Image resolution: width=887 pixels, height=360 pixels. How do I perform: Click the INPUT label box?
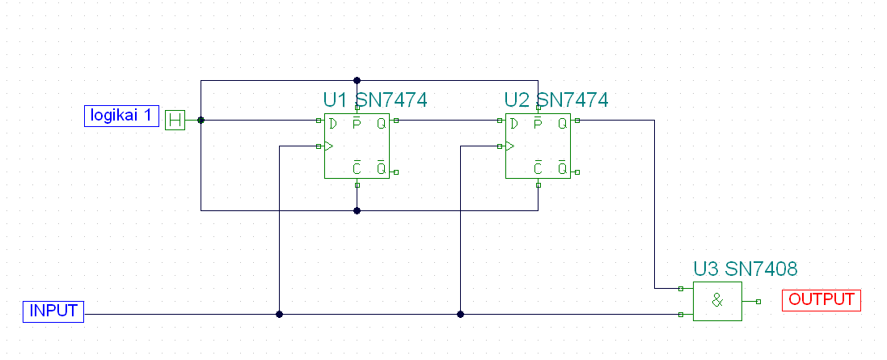[x=54, y=311]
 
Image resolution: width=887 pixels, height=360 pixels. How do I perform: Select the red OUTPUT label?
[x=822, y=299]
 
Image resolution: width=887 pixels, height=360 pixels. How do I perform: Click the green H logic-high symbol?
[x=175, y=121]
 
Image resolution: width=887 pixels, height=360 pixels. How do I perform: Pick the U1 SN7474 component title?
[x=375, y=100]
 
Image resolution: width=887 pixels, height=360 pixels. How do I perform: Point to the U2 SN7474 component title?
[x=556, y=100]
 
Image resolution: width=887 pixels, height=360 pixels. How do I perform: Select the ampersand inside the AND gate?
[x=717, y=301]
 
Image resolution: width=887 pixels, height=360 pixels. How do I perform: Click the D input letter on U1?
[x=332, y=123]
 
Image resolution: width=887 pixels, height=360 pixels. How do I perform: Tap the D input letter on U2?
[x=513, y=123]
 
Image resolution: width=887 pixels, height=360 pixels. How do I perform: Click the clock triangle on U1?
[x=327, y=146]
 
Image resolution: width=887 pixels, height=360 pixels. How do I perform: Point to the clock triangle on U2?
[x=509, y=146]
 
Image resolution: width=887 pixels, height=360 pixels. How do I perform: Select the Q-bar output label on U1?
[x=381, y=169]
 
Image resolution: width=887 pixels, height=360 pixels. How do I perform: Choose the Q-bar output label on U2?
[x=562, y=169]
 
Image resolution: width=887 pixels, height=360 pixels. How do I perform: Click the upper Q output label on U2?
[x=562, y=123]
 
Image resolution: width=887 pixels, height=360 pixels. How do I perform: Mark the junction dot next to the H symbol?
[x=201, y=121]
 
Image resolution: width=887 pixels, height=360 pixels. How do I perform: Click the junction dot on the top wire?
[x=357, y=81]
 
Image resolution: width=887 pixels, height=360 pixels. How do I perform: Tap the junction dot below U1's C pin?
[x=357, y=210]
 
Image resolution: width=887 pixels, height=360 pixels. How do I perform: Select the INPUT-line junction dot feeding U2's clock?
[x=460, y=314]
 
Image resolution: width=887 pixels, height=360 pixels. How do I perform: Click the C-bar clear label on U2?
[x=538, y=169]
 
